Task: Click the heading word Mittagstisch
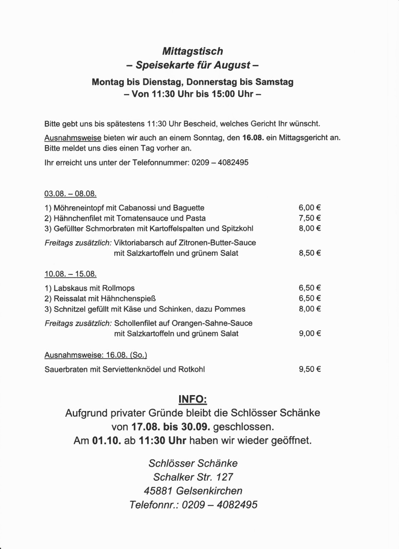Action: pos(192,51)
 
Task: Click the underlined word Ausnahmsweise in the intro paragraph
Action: pos(73,138)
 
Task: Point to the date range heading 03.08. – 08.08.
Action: pos(70,194)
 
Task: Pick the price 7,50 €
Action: pos(310,218)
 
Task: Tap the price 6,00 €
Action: pos(310,208)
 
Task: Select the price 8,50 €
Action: pos(310,253)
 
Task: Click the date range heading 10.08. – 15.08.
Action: pos(70,274)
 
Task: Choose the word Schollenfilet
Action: pos(138,323)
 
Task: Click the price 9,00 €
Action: pos(310,333)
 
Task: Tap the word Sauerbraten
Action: pos(66,369)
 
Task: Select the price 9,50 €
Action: pos(310,369)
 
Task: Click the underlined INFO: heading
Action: pos(192,399)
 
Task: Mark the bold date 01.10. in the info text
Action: pos(106,440)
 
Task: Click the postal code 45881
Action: pos(158,491)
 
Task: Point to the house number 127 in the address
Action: pos(224,477)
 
